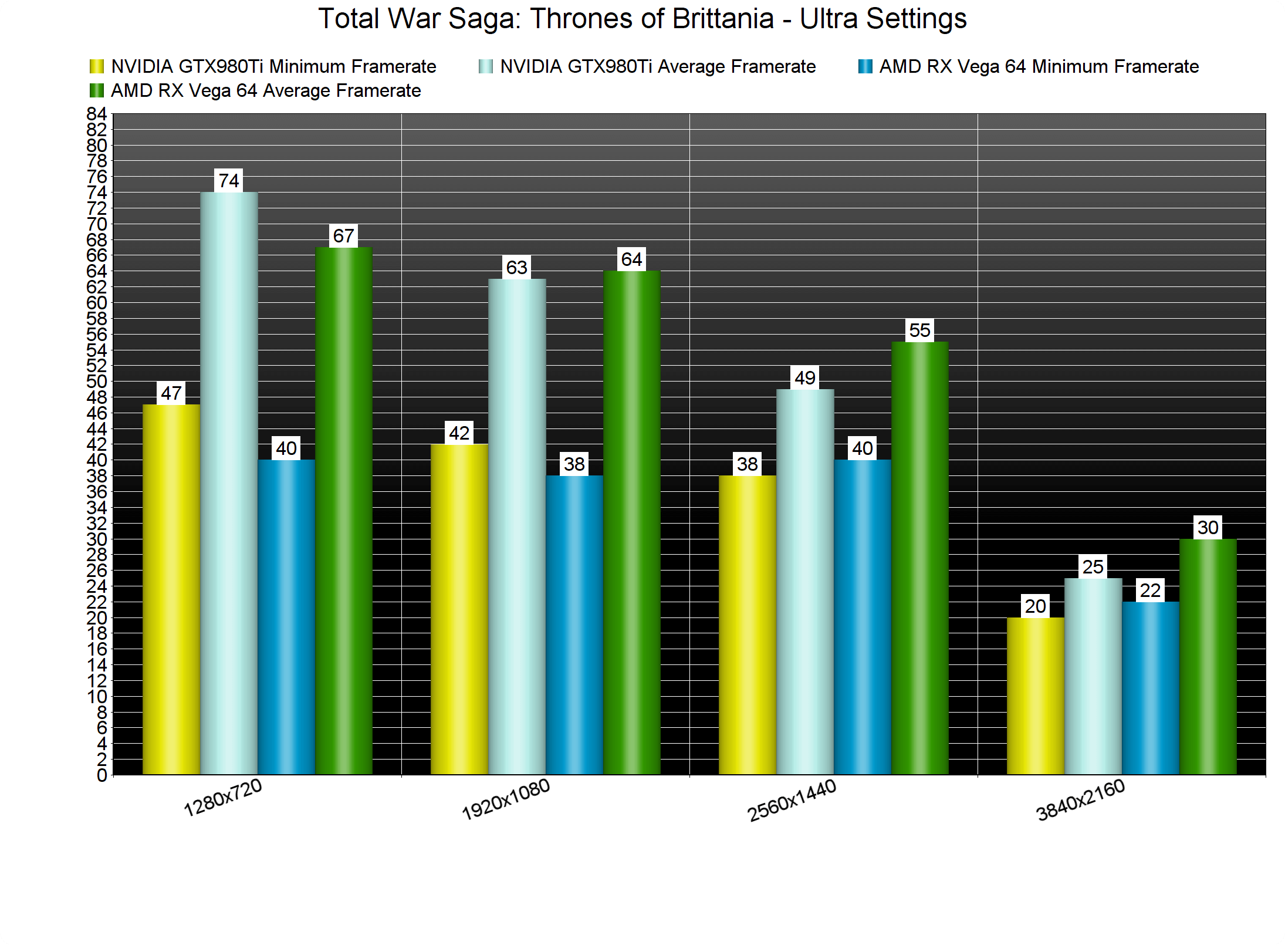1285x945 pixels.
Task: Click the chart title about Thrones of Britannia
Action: tap(642, 19)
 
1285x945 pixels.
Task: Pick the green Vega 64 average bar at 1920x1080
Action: tap(632, 522)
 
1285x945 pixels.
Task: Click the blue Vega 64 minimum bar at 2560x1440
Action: tap(863, 616)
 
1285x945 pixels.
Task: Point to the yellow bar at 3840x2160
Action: tap(1036, 696)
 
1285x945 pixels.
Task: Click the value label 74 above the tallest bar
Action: tap(229, 181)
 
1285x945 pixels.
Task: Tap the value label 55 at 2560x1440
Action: tap(920, 330)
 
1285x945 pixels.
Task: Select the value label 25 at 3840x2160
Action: tap(1093, 567)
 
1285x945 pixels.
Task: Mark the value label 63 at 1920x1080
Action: tap(517, 268)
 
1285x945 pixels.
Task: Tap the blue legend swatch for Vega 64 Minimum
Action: tap(865, 66)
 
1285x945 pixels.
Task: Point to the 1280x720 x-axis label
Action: tap(223, 798)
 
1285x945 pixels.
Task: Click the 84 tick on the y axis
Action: tap(97, 114)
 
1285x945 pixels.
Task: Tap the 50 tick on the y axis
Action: tap(97, 382)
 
